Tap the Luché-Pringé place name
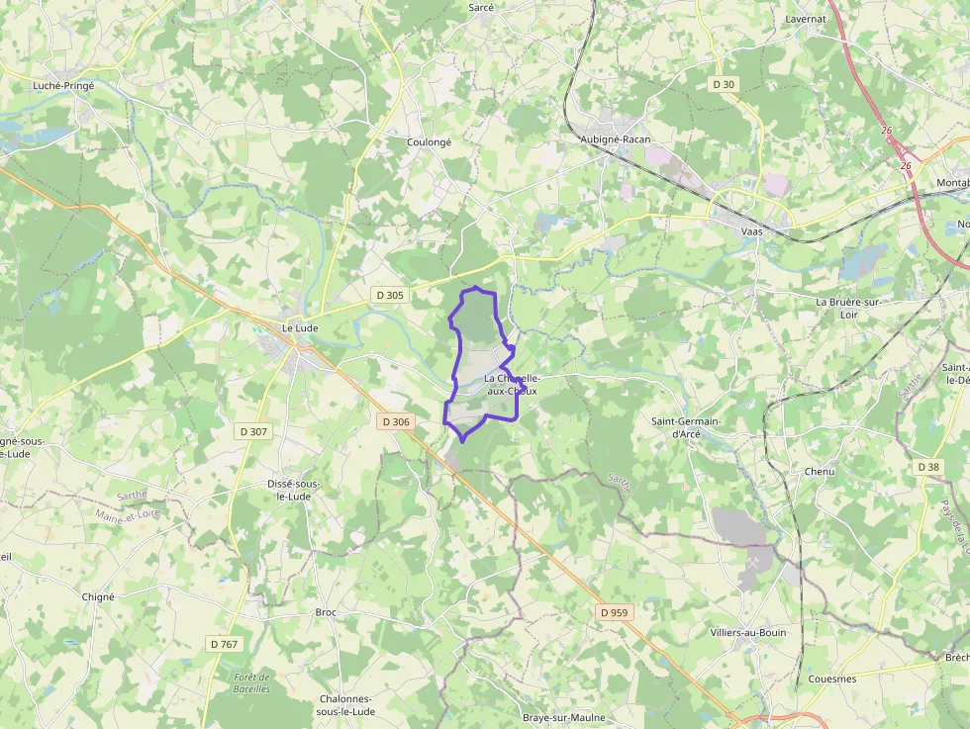tap(63, 86)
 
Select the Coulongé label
tap(429, 142)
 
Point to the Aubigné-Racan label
tap(615, 139)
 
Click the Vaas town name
tap(751, 231)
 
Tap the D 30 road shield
tap(724, 85)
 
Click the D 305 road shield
tap(390, 295)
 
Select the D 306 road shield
tap(395, 421)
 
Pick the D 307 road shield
tap(253, 431)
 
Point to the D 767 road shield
tap(225, 644)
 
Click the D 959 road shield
tap(614, 612)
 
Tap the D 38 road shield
tap(928, 467)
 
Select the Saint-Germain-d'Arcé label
tap(686, 427)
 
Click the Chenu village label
tap(820, 472)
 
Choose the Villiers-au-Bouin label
tap(747, 632)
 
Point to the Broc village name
tap(326, 612)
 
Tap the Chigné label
tap(99, 596)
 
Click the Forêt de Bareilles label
tap(251, 683)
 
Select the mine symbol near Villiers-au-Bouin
tap(753, 562)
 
